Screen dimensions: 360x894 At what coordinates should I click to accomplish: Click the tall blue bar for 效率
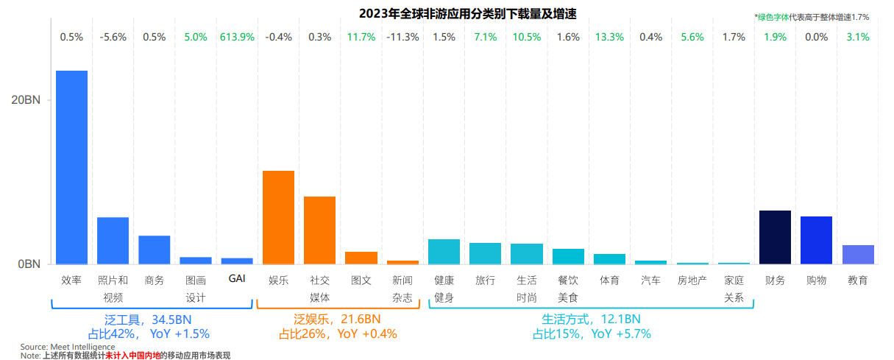71,167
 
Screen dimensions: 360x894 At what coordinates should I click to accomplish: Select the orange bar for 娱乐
278,217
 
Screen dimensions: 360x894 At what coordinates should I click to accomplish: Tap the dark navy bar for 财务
775,237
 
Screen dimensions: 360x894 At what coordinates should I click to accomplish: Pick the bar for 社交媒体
319,230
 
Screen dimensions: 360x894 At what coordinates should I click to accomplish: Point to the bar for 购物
816,240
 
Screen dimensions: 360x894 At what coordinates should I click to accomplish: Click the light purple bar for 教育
858,255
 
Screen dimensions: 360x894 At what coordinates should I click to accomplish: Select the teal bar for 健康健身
444,252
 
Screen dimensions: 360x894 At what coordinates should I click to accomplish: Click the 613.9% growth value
237,37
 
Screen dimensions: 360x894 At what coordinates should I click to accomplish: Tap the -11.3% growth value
402,37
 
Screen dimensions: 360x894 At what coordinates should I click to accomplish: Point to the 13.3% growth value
609,37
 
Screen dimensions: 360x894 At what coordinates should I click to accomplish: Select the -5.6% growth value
113,37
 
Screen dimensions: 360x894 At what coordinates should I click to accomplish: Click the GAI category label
237,280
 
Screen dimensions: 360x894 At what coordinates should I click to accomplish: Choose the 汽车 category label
650,280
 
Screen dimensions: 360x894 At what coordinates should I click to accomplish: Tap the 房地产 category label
692,280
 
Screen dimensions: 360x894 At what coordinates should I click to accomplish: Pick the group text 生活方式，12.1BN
591,320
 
